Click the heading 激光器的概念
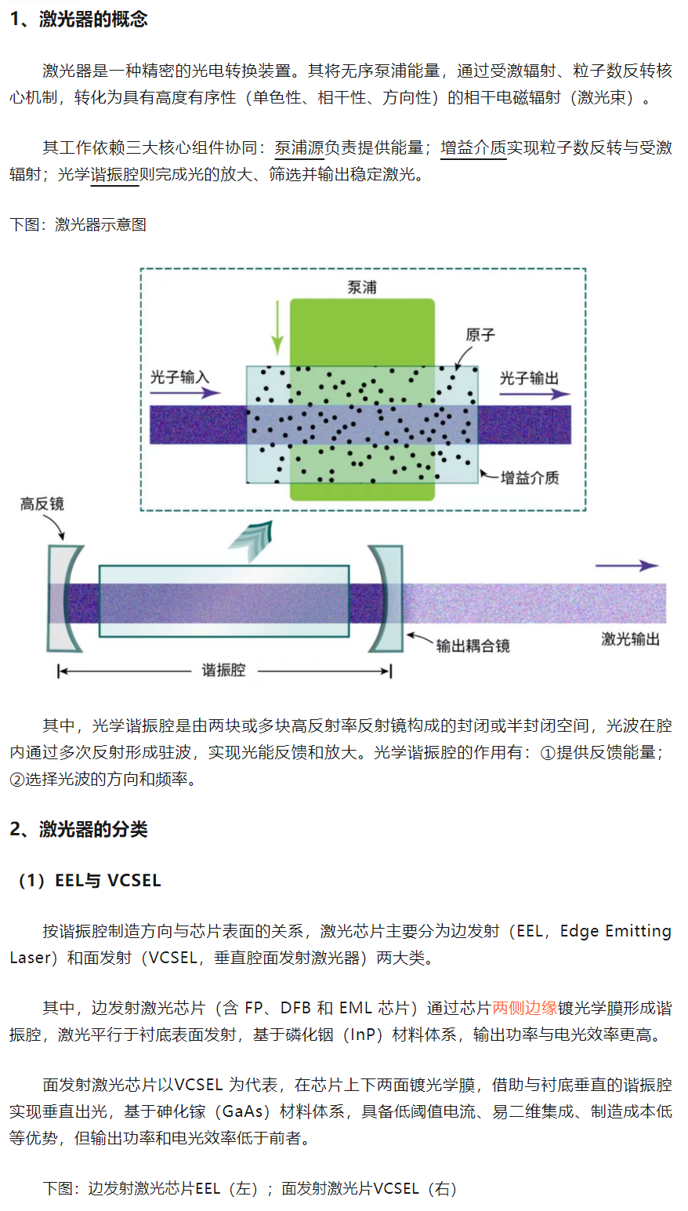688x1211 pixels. coord(93,20)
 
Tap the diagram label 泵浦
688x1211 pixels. coord(362,287)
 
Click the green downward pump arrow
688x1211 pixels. coord(277,328)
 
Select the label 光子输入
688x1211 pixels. coord(179,376)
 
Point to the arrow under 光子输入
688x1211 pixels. coord(185,393)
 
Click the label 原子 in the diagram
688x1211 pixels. coord(480,335)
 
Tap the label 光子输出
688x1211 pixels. coord(529,378)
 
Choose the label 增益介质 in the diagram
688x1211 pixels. coord(530,478)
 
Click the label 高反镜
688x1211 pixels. coord(42,504)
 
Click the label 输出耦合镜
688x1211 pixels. coord(473,646)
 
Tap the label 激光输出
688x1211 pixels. coord(631,639)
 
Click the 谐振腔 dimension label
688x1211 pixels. coord(223,671)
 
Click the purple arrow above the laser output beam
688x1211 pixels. coord(627,565)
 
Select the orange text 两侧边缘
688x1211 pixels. coord(524,1008)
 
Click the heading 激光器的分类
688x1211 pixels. coord(93,829)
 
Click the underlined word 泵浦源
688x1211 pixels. coord(299,147)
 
